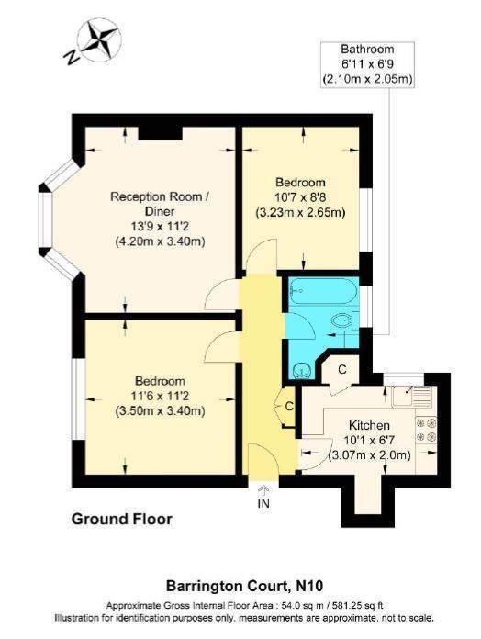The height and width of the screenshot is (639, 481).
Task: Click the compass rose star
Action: [x=99, y=40]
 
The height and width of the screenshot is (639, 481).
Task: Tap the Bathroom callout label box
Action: [x=367, y=64]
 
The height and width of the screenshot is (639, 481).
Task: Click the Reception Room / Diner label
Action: [x=160, y=204]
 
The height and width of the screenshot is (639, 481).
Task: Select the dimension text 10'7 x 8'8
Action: [x=300, y=197]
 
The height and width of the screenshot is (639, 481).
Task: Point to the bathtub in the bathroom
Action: [x=323, y=291]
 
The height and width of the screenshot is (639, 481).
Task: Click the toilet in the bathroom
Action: [x=344, y=320]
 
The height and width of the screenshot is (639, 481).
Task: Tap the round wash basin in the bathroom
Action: [x=302, y=369]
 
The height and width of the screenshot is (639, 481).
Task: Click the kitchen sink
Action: [x=411, y=396]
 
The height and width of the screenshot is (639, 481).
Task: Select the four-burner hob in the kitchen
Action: [x=426, y=430]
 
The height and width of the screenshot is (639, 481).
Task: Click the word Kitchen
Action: [x=369, y=425]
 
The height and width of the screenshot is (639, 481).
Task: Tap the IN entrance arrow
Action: [x=263, y=490]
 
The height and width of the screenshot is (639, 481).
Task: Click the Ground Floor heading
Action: [x=122, y=520]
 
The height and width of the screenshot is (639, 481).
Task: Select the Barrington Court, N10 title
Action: [x=244, y=586]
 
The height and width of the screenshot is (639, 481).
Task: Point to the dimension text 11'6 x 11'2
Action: [x=160, y=396]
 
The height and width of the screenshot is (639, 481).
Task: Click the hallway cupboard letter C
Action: [x=289, y=407]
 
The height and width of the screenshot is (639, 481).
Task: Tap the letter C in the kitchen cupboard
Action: [x=342, y=369]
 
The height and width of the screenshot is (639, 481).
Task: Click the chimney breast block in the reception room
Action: [x=160, y=133]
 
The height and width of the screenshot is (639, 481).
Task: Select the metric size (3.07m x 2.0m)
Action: [x=369, y=454]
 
